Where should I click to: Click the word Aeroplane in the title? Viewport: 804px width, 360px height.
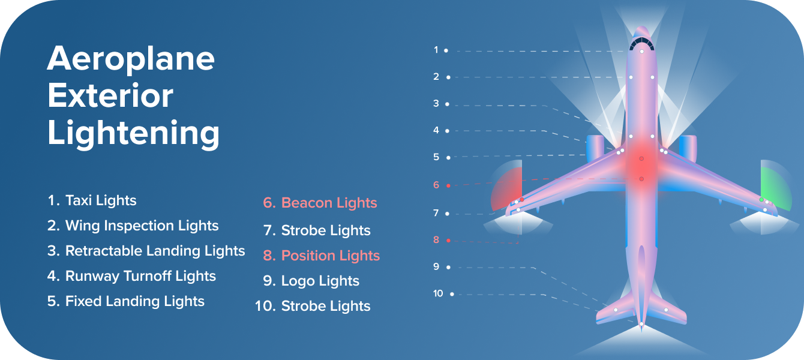tap(131, 59)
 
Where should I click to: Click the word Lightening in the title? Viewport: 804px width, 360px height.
tap(133, 133)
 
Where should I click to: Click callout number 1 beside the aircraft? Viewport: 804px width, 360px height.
tap(436, 50)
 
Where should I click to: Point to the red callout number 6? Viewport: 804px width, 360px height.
tap(436, 185)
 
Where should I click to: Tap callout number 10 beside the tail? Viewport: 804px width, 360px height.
tap(438, 293)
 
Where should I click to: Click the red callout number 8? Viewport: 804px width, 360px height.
tap(436, 239)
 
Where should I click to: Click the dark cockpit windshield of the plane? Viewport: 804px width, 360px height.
tap(641, 44)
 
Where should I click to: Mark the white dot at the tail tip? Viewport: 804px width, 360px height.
tap(641, 325)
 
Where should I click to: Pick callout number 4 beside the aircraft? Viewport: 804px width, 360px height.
tap(436, 130)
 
